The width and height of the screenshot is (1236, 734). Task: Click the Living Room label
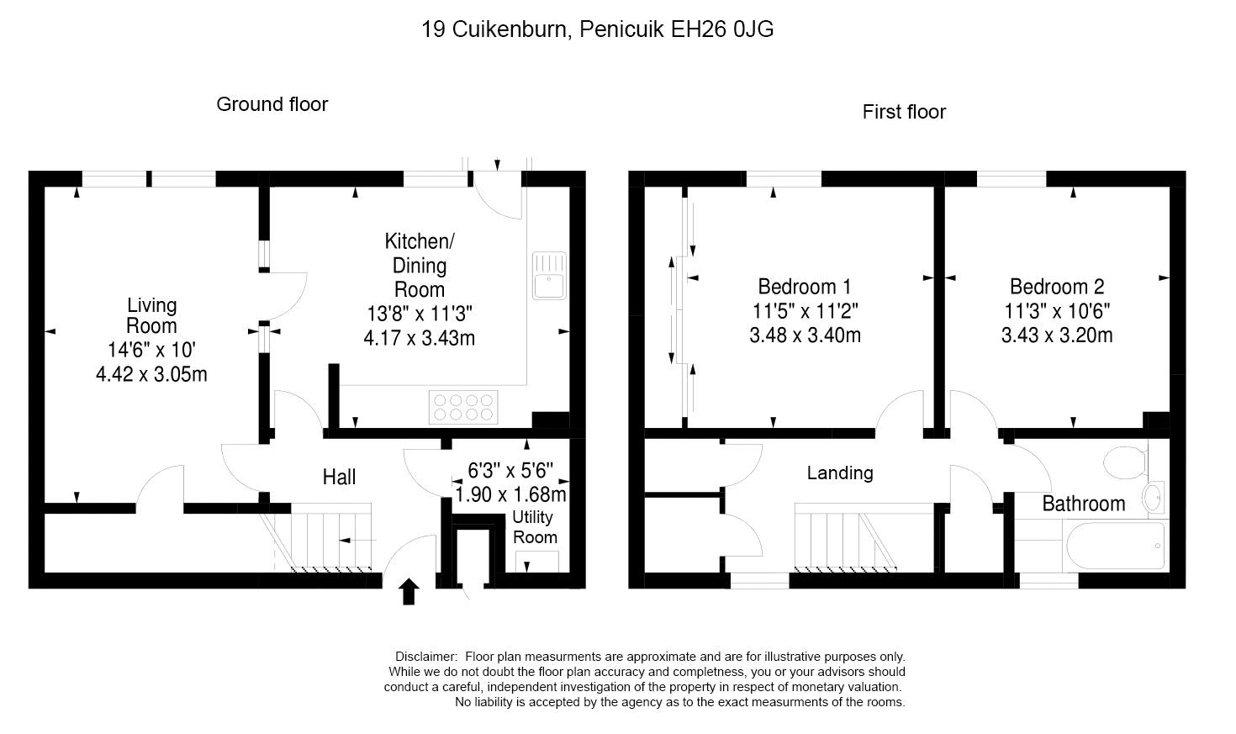[x=151, y=315]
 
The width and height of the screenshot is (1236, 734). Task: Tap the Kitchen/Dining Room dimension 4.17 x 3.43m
[x=420, y=338]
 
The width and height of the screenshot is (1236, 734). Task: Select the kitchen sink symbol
[x=549, y=276]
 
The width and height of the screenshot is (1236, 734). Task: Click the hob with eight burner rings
[x=463, y=407]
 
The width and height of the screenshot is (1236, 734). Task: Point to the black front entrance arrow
[x=409, y=591]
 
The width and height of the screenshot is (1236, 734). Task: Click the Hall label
[x=339, y=477]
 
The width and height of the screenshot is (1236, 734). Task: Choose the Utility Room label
[x=535, y=527]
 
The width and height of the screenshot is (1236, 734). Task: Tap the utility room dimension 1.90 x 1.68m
[x=511, y=494]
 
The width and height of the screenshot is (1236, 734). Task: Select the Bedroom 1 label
[x=805, y=287]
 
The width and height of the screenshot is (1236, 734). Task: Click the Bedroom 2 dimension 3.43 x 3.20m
[x=1057, y=335]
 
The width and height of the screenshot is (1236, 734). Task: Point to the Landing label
[x=840, y=473]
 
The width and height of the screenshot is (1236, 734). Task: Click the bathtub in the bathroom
[x=1115, y=546]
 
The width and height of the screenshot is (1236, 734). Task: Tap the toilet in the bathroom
[x=1126, y=462]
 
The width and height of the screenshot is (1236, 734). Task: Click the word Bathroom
[x=1083, y=504]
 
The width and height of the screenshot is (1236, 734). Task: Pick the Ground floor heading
[x=272, y=104]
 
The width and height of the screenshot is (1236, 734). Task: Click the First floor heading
[x=904, y=112]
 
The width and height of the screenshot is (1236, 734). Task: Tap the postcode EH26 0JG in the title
[x=721, y=29]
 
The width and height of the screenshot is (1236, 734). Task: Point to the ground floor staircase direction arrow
[x=357, y=541]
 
